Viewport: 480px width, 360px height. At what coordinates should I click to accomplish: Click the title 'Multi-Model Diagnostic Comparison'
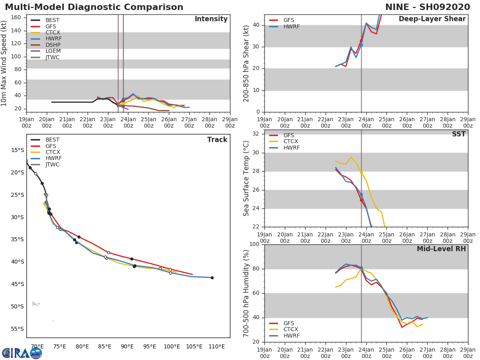coord(94,7)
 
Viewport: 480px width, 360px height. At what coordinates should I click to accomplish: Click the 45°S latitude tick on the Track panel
coord(17,284)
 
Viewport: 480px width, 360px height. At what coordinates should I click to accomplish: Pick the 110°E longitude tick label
coord(216,346)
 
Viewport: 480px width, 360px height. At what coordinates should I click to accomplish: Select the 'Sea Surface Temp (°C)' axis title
coord(246,178)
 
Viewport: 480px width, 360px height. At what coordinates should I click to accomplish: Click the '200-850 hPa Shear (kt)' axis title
coord(246,63)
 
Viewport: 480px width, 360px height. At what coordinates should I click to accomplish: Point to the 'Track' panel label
coord(217,140)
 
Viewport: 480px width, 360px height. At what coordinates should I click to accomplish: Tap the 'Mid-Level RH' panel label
coord(441,249)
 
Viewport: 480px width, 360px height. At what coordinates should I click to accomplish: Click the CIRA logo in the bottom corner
coord(22,353)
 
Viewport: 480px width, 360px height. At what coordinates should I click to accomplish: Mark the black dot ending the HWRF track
coord(212,278)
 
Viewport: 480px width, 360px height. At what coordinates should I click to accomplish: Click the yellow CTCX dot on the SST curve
coord(361,172)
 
